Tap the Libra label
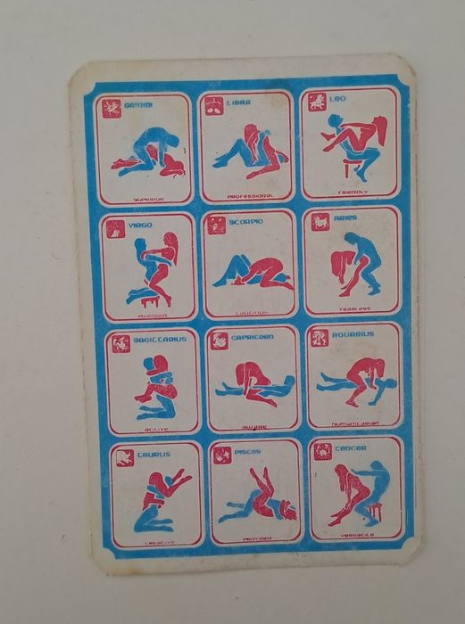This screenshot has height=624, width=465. [237, 103]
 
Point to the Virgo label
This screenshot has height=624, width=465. [141, 226]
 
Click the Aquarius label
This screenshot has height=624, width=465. [353, 334]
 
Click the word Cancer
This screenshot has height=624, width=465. [350, 447]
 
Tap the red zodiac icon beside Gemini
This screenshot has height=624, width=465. [112, 109]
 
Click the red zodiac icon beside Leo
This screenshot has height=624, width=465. [317, 102]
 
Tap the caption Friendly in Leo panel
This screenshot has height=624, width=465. [352, 191]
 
